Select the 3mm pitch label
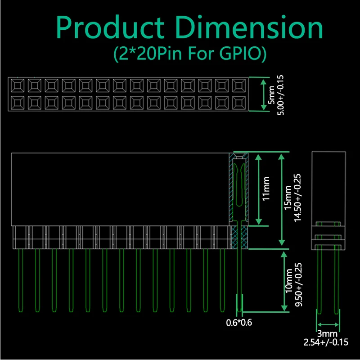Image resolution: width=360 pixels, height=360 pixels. (x=328, y=334)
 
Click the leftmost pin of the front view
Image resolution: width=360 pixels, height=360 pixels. (x=20, y=279)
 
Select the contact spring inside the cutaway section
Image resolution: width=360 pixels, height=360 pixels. (x=238, y=184)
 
